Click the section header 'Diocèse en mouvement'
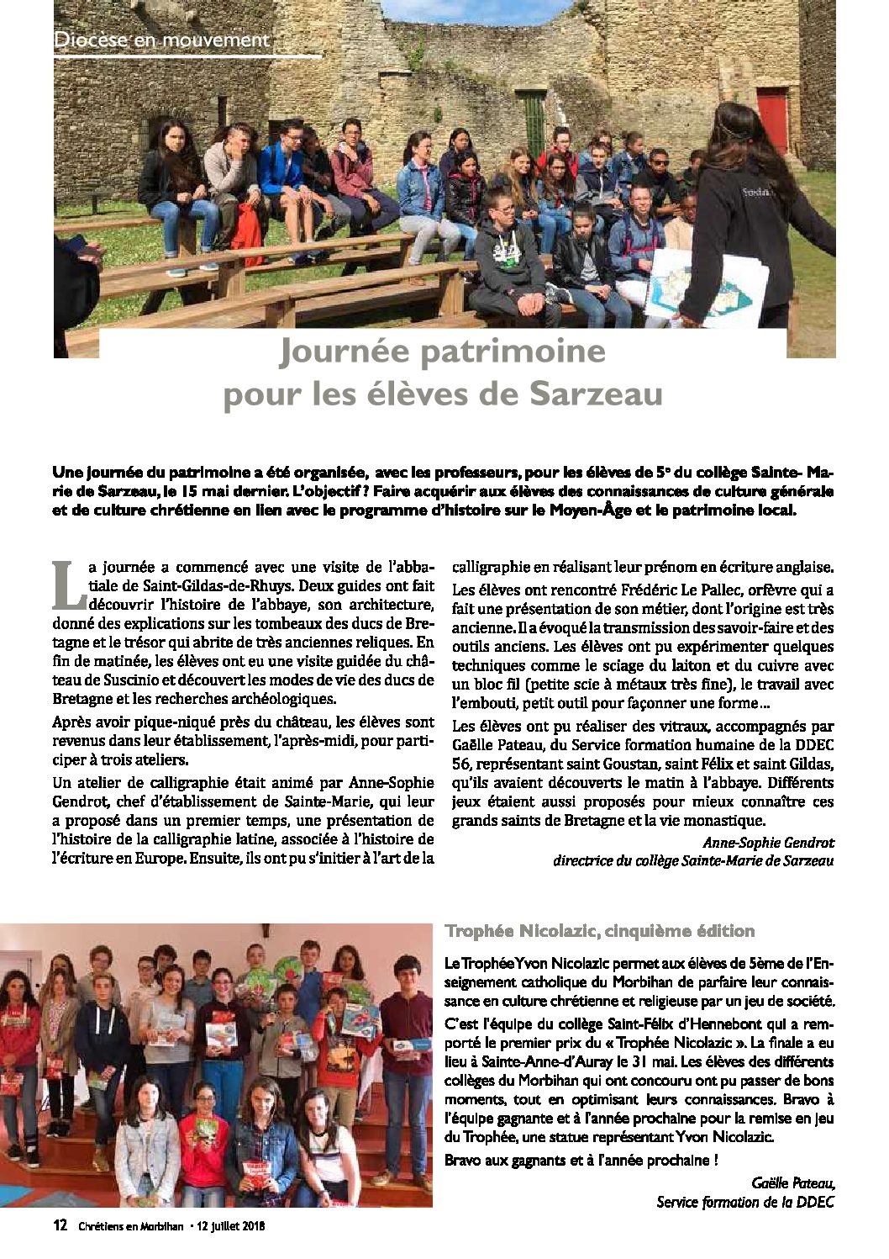pyautogui.click(x=161, y=40)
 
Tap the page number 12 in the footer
pyautogui.click(x=60, y=1226)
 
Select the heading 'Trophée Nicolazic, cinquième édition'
pyautogui.click(x=599, y=931)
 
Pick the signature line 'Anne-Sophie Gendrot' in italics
pyautogui.click(x=768, y=842)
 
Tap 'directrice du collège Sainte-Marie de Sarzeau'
pyautogui.click(x=694, y=860)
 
